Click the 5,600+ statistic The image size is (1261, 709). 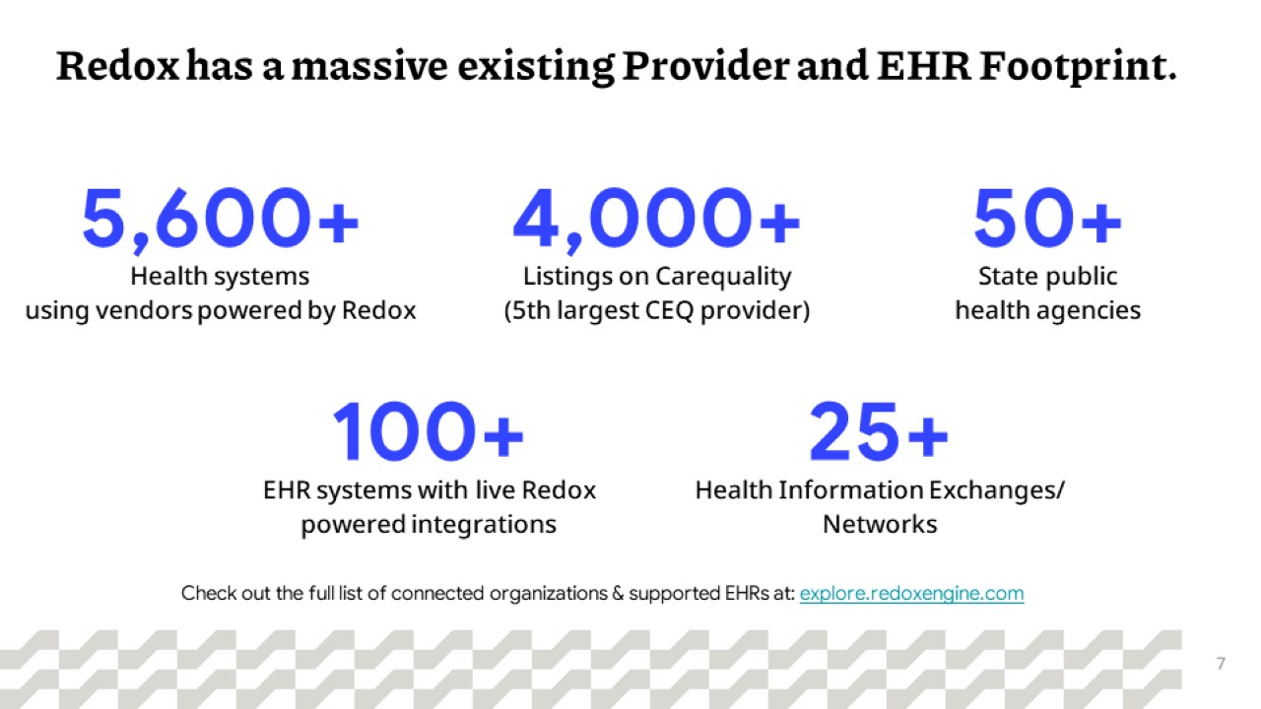point(220,219)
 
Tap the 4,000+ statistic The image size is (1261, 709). point(656,219)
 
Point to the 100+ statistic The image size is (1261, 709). point(429,431)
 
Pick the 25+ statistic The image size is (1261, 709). point(879,431)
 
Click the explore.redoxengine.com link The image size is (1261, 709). point(911,594)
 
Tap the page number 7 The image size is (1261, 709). point(1221,664)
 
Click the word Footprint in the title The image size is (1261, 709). point(1077,66)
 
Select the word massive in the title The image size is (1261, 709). point(369,66)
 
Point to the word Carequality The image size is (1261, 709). point(723,278)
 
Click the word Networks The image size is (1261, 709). point(880,524)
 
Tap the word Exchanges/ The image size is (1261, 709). point(996,490)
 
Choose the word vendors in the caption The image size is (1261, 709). point(144,310)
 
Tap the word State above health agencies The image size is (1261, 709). point(1005,277)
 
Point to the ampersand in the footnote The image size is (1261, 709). point(618,594)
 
